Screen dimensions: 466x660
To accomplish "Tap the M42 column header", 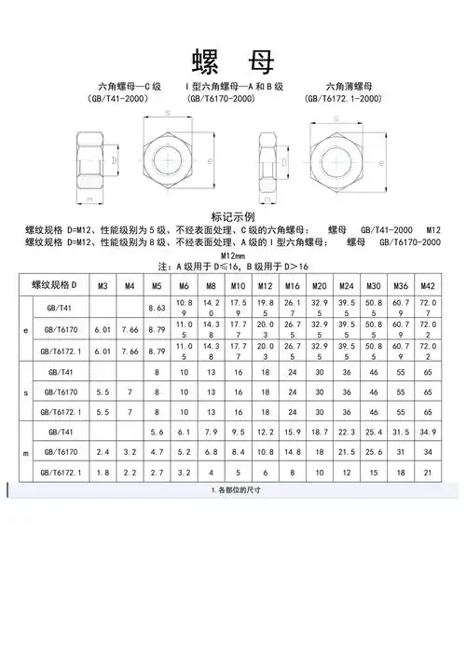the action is coord(428,285).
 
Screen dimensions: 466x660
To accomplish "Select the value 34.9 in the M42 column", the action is coord(428,433).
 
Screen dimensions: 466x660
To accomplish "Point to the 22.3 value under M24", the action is coord(347,433).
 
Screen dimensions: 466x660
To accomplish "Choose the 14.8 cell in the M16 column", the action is coord(292,453).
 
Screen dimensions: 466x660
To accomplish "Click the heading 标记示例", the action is coord(233,215).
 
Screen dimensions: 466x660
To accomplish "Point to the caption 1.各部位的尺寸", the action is coord(233,491).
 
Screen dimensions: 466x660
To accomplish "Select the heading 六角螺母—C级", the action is coord(117,86).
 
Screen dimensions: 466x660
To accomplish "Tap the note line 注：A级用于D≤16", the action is coord(233,268).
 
